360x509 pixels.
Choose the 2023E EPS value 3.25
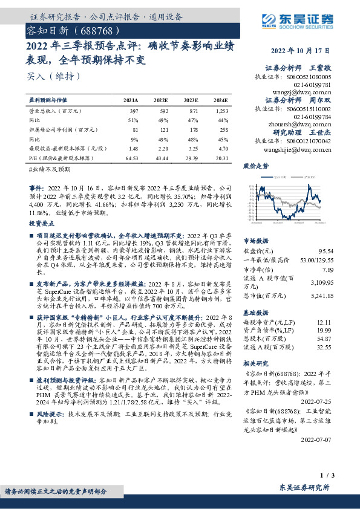click(x=191, y=148)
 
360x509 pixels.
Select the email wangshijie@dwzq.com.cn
click(x=299, y=148)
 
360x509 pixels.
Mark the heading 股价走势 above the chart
click(x=255, y=166)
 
